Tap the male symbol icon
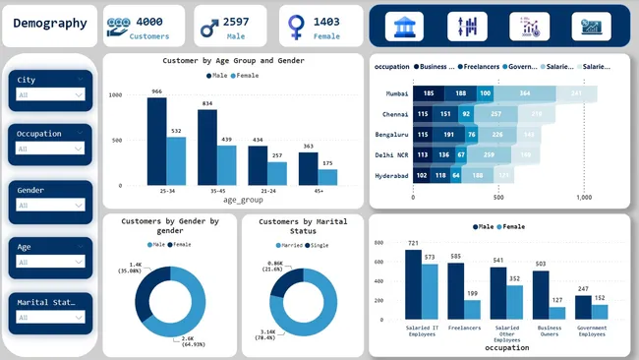click(208, 27)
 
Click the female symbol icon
click(295, 27)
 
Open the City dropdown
click(50, 94)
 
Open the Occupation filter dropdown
click(50, 150)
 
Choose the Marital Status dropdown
click(50, 319)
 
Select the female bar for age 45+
click(327, 177)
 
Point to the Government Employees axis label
click(591, 330)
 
